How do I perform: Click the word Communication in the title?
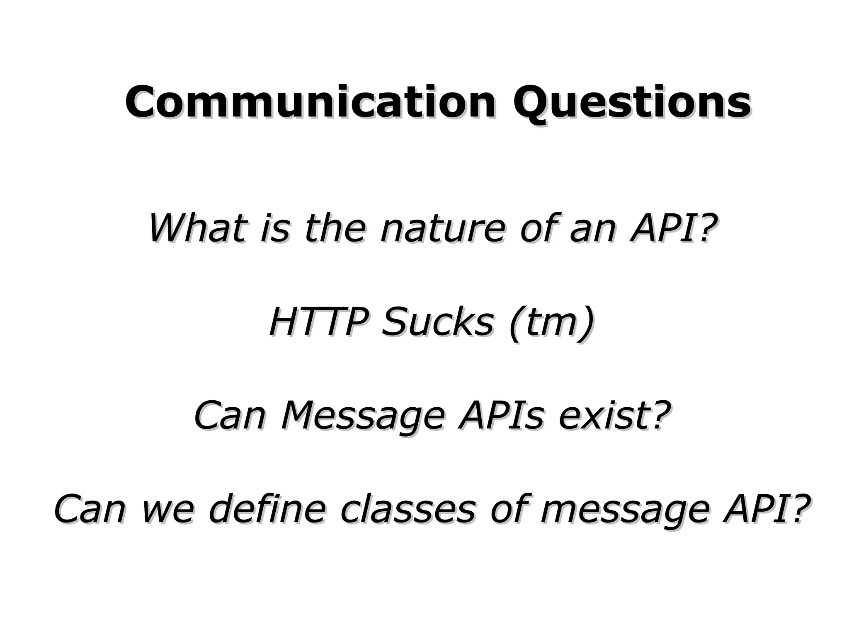(x=310, y=102)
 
